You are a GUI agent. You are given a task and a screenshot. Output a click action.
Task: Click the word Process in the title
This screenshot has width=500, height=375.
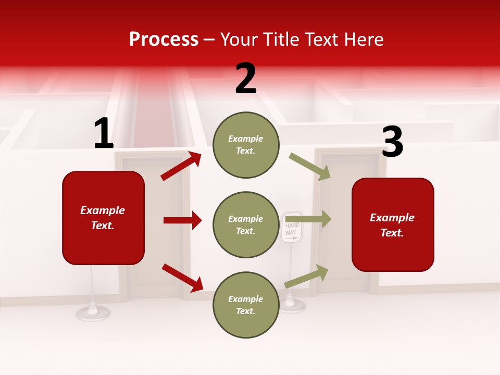pos(164,40)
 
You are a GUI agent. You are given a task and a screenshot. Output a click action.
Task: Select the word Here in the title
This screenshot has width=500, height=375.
pos(364,40)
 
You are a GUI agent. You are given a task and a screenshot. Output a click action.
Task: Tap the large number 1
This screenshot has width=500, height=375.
pos(104,134)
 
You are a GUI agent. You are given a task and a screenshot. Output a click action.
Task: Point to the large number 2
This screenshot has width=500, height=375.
pos(246,79)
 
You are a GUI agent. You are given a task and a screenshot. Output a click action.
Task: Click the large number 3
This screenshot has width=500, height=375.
pos(392,142)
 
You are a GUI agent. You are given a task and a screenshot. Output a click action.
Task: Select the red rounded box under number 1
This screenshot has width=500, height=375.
pos(103,218)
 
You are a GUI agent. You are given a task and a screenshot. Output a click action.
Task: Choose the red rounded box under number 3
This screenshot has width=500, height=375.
pos(393,225)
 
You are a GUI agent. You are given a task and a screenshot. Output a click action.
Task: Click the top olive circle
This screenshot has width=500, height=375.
pos(246,145)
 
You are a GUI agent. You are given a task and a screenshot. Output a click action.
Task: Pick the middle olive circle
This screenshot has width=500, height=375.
pos(246,224)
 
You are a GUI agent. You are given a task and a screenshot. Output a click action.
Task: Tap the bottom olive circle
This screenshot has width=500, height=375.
pos(246,305)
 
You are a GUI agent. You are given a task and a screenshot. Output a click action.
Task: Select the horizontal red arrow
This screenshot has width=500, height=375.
pos(182,220)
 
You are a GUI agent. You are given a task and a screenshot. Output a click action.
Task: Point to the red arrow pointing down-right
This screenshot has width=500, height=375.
pos(182,278)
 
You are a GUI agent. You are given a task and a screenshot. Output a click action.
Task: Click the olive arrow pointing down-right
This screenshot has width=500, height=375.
pos(310,167)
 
